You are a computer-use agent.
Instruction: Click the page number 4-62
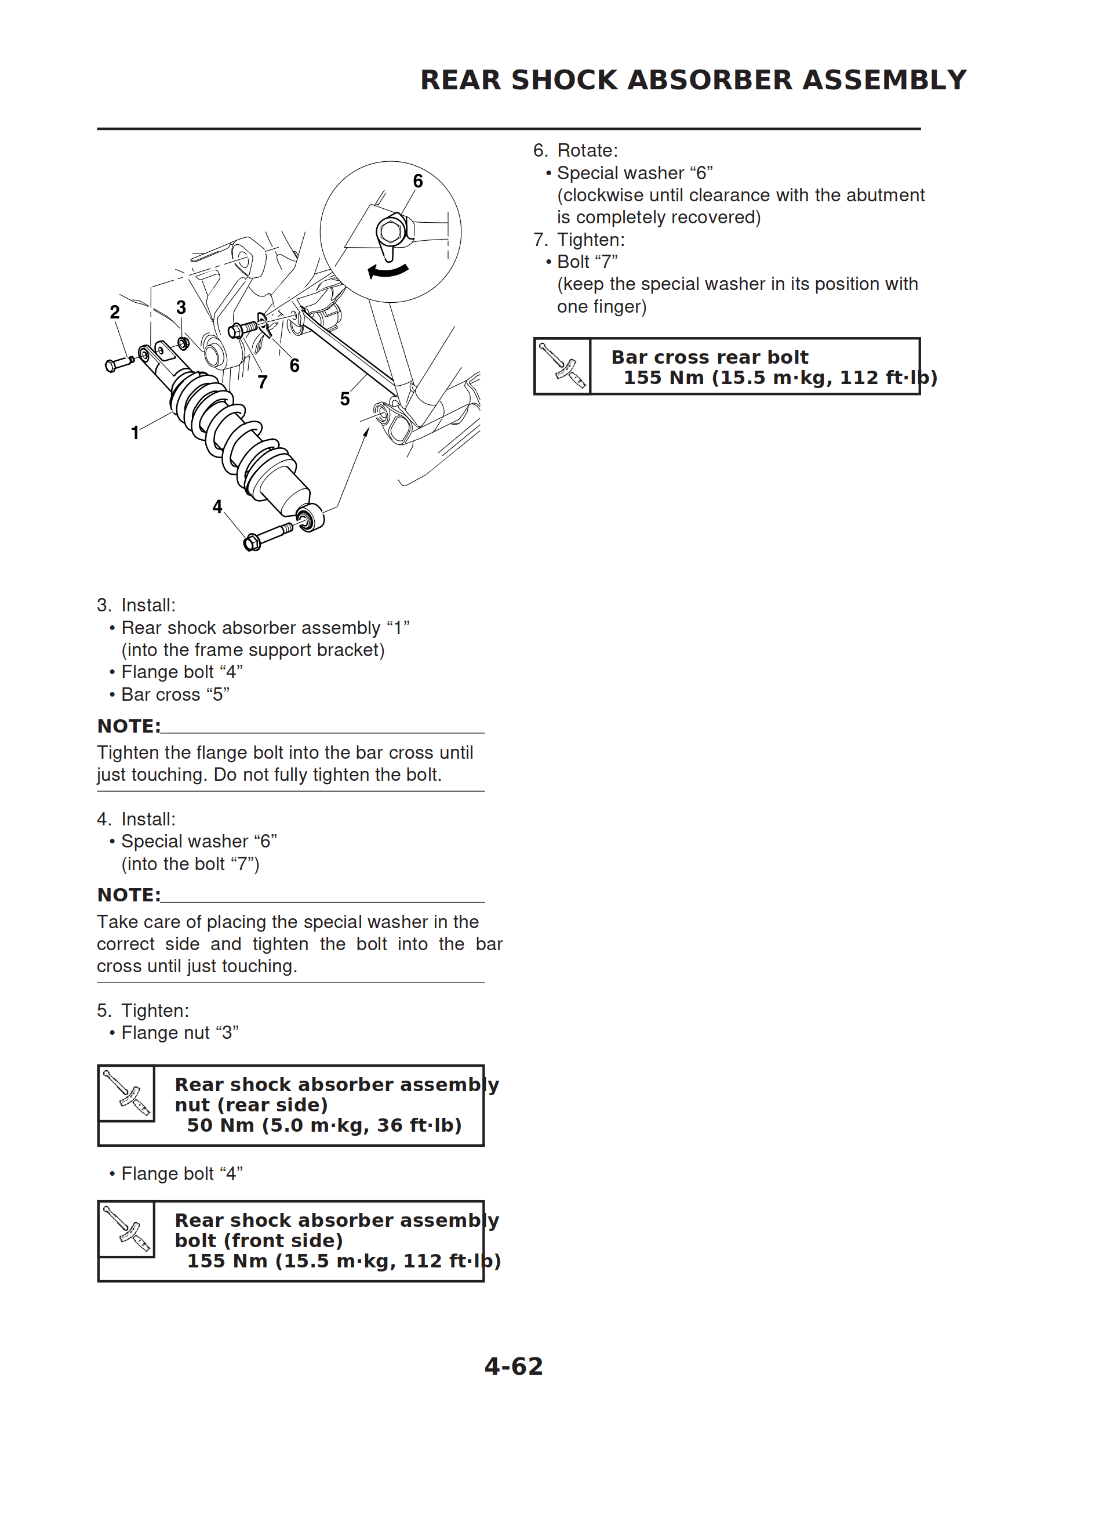tap(513, 1366)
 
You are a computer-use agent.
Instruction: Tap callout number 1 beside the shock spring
tap(134, 433)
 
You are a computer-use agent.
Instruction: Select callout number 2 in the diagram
tap(114, 312)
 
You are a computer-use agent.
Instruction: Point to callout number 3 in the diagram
tap(181, 307)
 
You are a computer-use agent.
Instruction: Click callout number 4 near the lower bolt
tap(217, 506)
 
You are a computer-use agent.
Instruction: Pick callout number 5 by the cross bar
tap(344, 399)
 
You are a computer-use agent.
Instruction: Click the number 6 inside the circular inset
tap(418, 181)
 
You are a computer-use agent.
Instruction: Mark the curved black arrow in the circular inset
tap(388, 271)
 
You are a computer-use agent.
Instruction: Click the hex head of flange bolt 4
tap(251, 542)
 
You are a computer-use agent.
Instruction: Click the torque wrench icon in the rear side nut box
tap(126, 1093)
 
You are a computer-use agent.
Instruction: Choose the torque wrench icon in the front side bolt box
tap(126, 1229)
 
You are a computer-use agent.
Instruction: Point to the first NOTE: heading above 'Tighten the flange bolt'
tap(129, 726)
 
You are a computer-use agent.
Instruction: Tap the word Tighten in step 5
tap(154, 1010)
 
